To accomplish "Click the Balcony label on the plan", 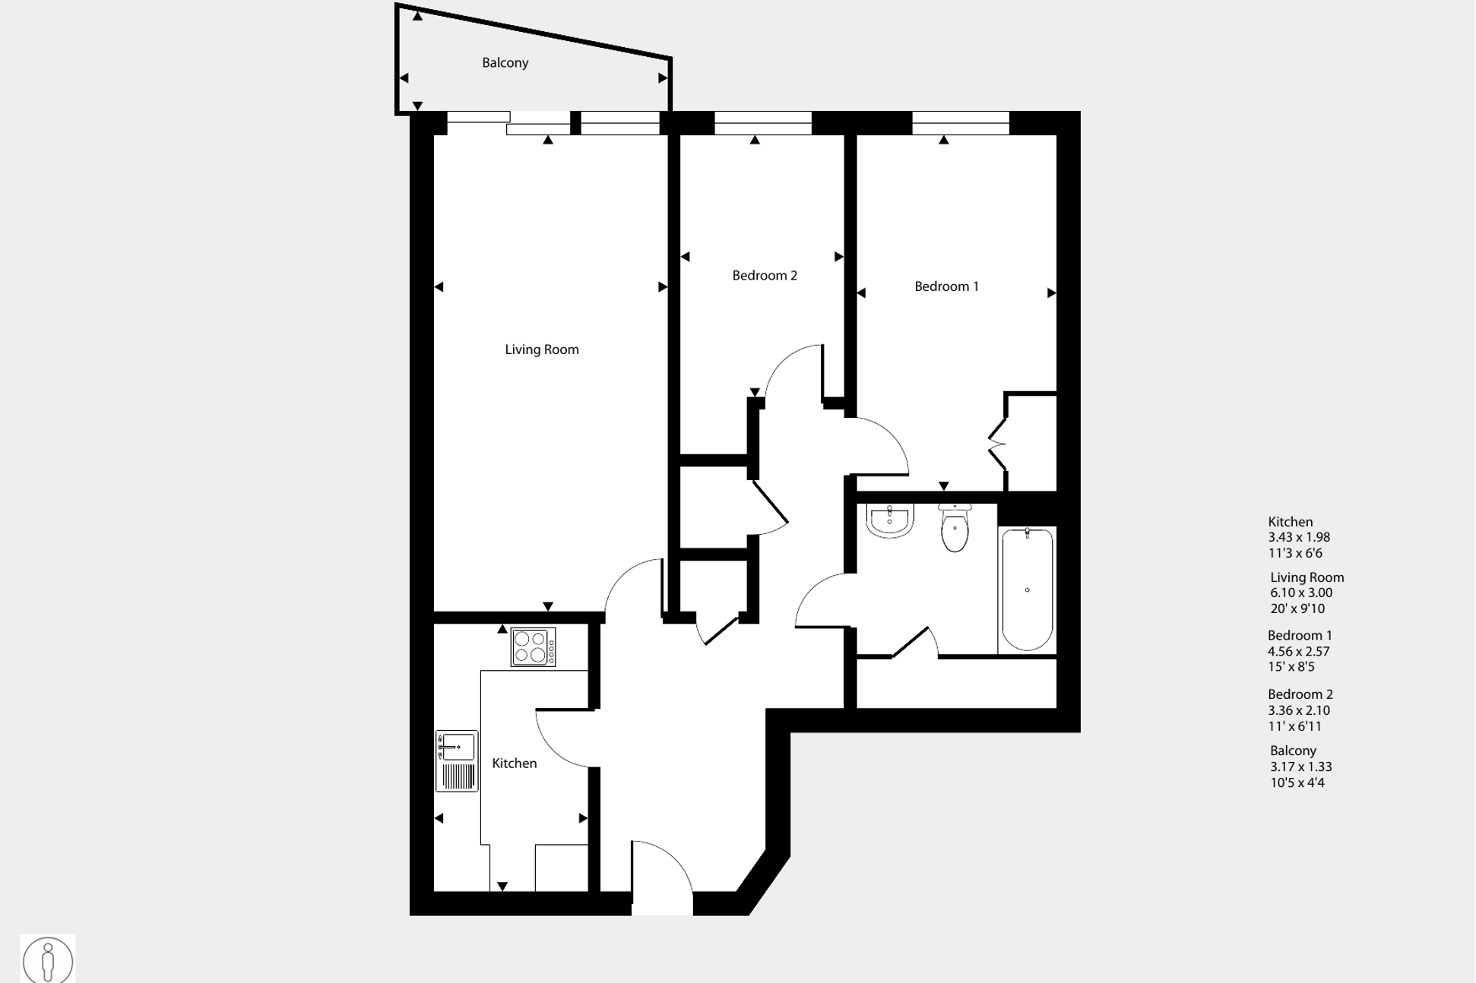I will tap(505, 63).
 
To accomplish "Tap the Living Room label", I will tap(542, 349).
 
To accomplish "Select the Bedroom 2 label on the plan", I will tap(765, 276).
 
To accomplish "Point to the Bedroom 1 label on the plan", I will tap(946, 286).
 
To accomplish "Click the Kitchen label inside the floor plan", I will tap(515, 763).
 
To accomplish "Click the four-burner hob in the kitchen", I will tap(533, 647).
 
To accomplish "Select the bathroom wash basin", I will tap(889, 520).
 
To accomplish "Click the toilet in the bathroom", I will tap(955, 527).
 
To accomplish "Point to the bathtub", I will tap(1027, 589).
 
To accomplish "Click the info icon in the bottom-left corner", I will tap(48, 960).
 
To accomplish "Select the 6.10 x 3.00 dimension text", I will tap(1301, 593).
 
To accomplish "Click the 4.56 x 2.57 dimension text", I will tap(1298, 652).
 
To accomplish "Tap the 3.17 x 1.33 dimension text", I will tap(1300, 767).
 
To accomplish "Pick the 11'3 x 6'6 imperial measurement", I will tap(1295, 554).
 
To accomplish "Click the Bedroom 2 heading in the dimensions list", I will tap(1300, 694).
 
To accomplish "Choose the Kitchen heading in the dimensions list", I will tap(1291, 522).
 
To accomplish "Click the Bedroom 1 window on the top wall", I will tap(961, 123).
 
